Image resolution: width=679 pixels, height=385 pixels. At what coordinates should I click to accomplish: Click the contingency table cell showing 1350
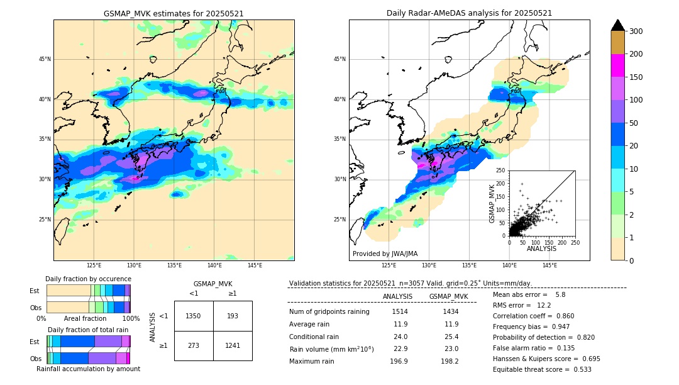point(193,316)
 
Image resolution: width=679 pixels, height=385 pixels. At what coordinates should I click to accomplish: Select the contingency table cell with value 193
point(233,316)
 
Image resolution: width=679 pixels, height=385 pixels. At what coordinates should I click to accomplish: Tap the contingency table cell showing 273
point(193,345)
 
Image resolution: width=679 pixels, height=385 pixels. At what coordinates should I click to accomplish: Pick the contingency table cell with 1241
point(233,345)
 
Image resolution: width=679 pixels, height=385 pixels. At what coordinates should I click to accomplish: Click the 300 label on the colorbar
point(636,31)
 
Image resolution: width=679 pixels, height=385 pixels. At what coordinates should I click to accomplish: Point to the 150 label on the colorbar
point(636,77)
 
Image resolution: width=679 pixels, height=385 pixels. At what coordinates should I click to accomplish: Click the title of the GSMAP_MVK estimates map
point(174,13)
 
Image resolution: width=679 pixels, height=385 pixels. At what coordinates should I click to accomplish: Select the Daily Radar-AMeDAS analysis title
point(469,13)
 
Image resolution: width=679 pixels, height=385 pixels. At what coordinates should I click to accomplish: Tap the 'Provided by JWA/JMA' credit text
point(385,254)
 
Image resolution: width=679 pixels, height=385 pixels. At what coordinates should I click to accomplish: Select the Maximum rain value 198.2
point(450,361)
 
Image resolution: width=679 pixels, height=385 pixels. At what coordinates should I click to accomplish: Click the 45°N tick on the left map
point(45,59)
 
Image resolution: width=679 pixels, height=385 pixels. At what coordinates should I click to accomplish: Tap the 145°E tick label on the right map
point(549,265)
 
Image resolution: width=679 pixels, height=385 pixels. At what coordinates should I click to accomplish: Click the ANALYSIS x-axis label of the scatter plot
point(541,248)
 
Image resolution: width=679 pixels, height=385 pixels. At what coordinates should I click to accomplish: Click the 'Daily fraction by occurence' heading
point(88,279)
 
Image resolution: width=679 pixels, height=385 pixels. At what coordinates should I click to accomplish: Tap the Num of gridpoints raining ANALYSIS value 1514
point(400,311)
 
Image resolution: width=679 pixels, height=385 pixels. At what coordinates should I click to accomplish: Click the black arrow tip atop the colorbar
point(618,25)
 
